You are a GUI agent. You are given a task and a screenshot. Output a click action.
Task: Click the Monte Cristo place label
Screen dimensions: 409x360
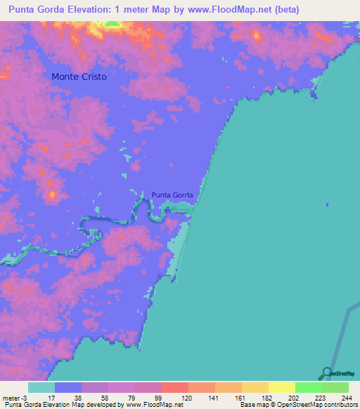tap(79, 76)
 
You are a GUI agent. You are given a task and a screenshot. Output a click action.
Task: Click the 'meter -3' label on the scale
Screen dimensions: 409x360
tap(15, 397)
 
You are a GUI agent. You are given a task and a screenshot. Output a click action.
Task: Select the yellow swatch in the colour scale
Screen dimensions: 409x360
tap(281, 387)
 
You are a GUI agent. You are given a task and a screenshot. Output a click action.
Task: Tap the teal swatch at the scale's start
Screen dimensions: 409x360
tap(41, 387)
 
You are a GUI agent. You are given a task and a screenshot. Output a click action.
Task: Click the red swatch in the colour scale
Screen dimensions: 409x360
tap(174, 387)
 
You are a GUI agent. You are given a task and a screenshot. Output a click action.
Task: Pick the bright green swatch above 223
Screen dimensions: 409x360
tap(308, 387)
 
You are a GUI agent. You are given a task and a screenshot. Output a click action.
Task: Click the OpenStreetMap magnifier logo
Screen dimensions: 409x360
tap(327, 373)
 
